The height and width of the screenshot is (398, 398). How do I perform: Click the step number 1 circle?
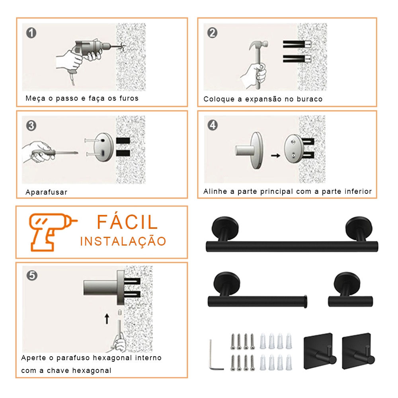click(x=31, y=33)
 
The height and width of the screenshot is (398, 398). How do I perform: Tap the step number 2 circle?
click(x=212, y=33)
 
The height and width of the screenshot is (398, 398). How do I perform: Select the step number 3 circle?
click(x=31, y=125)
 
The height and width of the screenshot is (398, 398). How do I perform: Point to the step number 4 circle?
click(x=213, y=125)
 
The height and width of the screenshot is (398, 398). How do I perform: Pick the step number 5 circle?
click(x=32, y=275)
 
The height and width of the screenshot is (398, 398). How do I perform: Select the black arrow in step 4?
click(x=275, y=155)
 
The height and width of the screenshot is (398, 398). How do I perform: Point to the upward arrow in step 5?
click(x=107, y=319)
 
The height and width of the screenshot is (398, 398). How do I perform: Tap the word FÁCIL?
click(x=127, y=222)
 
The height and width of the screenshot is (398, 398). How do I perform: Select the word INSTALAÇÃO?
click(x=123, y=241)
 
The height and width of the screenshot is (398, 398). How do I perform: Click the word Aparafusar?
click(x=47, y=192)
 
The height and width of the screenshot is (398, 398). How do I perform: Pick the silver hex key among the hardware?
click(x=216, y=355)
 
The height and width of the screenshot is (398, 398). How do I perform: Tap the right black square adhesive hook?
click(x=358, y=351)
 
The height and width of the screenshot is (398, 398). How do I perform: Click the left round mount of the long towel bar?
click(x=225, y=227)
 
